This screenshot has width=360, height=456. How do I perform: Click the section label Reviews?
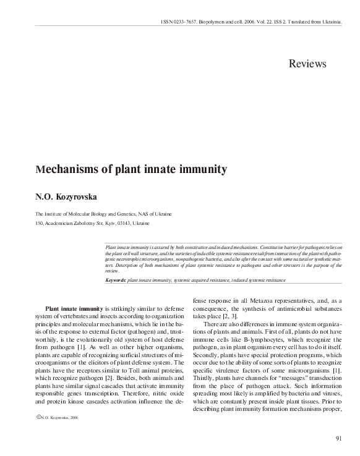pos(307,64)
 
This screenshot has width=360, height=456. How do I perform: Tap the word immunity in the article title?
pos(203,169)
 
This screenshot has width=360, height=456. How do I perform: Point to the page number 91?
pos(339,439)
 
